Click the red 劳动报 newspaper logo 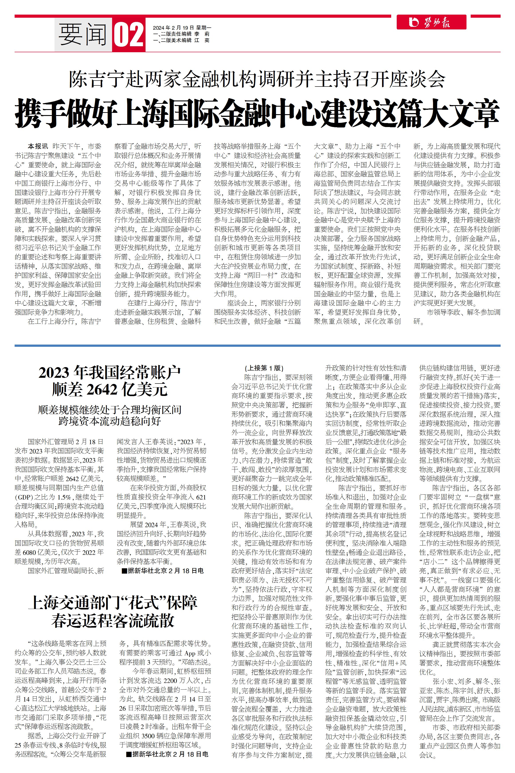click(431, 22)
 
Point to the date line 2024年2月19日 click(182, 28)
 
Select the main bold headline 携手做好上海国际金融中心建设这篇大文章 click(257, 114)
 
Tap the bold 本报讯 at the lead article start click(37, 146)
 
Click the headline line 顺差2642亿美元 click(110, 390)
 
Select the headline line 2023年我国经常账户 click(110, 373)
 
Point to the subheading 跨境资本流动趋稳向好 click(110, 421)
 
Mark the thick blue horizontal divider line click(257, 345)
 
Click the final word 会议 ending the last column click(426, 755)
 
